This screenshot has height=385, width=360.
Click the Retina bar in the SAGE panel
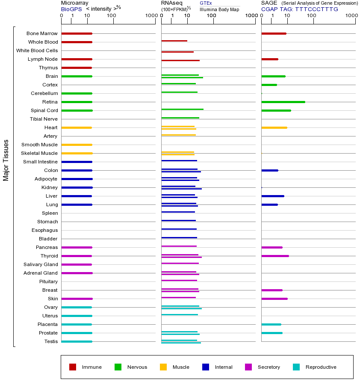283,102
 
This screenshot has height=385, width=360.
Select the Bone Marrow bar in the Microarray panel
77,33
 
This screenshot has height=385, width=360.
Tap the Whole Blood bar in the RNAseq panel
174,41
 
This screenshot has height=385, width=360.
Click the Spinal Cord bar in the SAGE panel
276,110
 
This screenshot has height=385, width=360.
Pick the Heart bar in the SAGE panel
274,127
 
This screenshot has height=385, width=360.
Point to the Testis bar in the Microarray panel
77,341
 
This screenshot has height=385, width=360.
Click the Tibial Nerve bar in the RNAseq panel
180,118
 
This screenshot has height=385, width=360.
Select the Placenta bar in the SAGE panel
271,324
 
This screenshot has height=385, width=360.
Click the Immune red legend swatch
73,367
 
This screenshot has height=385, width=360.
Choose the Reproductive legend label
321,367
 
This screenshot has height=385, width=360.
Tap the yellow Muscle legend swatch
163,367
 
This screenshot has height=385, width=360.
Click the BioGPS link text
71,9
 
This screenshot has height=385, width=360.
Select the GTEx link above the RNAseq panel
206,3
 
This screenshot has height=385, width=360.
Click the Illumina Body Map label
219,9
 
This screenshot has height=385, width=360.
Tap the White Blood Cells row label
37,50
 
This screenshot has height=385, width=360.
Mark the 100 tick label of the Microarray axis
111,16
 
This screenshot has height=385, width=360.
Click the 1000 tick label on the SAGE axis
351,16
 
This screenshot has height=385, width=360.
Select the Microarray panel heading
75,3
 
